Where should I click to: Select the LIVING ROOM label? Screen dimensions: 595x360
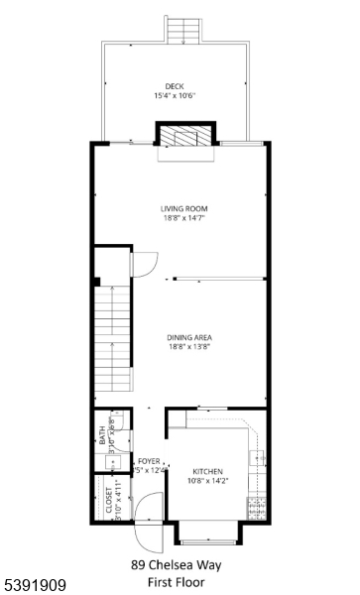[180, 208]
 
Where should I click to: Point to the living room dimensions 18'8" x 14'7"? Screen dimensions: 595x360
[180, 219]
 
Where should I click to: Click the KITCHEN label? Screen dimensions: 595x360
[208, 471]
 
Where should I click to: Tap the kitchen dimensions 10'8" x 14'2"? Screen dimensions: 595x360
[208, 483]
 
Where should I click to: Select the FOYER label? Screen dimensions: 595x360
[149, 461]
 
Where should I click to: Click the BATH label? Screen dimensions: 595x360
[102, 436]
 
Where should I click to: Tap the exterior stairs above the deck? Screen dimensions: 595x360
[183, 33]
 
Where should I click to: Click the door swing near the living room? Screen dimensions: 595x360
[144, 266]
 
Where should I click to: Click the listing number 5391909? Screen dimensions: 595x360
[36, 586]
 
